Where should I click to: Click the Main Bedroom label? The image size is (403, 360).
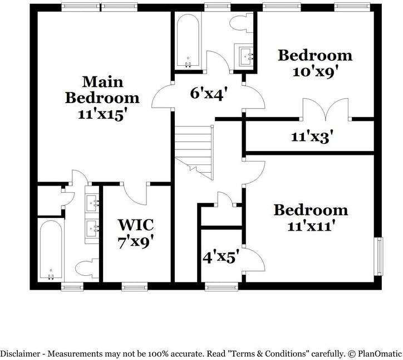pyautogui.click(x=102, y=89)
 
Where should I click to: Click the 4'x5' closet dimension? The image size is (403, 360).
pyautogui.click(x=220, y=257)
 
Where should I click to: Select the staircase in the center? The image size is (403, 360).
pyautogui.click(x=194, y=152)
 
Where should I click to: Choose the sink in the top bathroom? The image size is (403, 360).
pyautogui.click(x=246, y=55)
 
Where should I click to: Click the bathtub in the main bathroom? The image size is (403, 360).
pyautogui.click(x=51, y=250)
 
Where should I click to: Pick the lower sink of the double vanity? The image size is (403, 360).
pyautogui.click(x=92, y=227)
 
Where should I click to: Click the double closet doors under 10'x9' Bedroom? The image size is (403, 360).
pyautogui.click(x=326, y=109)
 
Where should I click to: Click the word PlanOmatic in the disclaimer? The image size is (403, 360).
pyautogui.click(x=379, y=353)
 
